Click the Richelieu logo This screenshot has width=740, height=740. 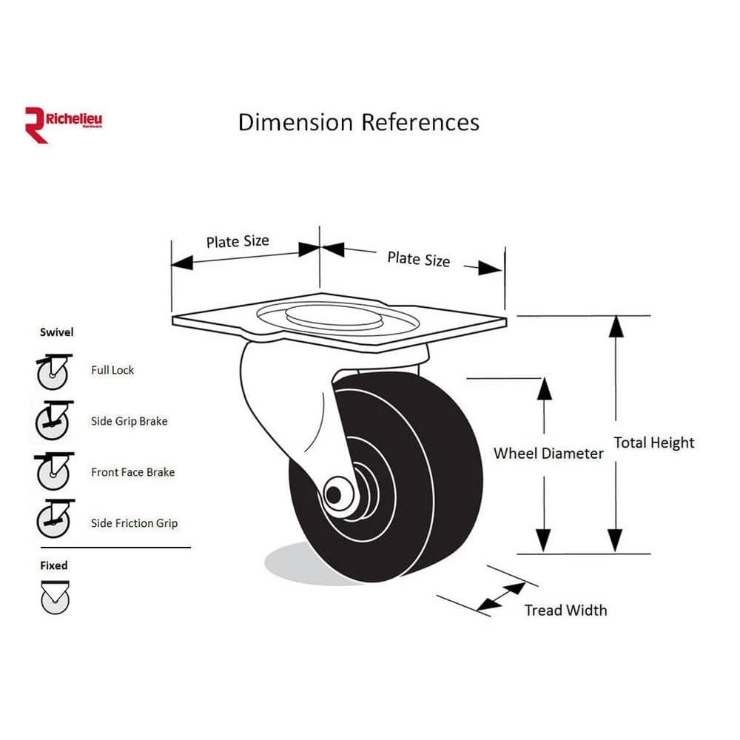point(63,123)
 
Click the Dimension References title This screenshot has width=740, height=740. point(358,122)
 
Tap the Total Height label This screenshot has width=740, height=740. point(654,443)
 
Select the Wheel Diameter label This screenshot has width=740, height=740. point(548,454)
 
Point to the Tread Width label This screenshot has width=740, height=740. point(565,610)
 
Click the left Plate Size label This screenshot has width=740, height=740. point(238,241)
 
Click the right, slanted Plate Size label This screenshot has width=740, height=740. point(418,258)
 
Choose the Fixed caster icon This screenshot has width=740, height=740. point(55,598)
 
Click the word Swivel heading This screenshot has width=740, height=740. point(57,332)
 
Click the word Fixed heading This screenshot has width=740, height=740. point(54,565)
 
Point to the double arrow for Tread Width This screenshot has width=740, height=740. point(501,597)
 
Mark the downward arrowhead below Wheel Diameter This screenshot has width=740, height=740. point(544,539)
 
